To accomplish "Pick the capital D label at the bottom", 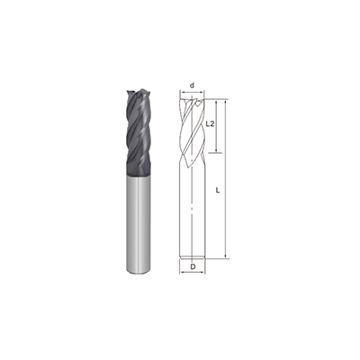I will (x=193, y=266).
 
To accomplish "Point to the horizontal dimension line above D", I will (x=193, y=259).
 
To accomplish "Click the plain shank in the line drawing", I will (x=193, y=216).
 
